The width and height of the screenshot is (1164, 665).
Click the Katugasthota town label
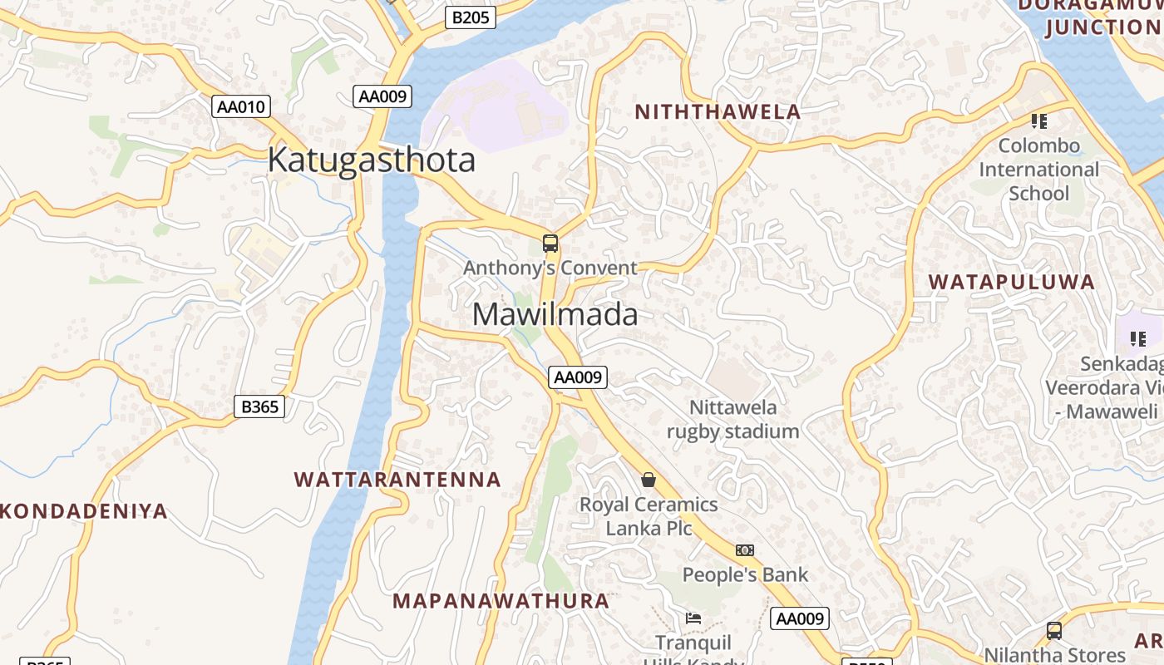(x=371, y=160)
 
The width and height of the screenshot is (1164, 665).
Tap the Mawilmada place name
(x=555, y=314)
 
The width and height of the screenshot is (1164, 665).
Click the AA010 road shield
(x=241, y=106)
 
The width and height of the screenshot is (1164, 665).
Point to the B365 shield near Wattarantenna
(x=259, y=406)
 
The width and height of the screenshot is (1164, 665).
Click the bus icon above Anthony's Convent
(x=550, y=244)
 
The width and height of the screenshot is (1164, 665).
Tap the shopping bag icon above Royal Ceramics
(x=649, y=480)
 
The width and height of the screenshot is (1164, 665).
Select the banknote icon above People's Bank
(x=744, y=550)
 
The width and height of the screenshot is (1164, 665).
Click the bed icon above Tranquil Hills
(x=693, y=618)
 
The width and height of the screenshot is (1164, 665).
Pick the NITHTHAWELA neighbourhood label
(x=718, y=112)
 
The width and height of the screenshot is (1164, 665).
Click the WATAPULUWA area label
(x=1011, y=282)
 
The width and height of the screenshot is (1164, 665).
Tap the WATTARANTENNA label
(x=397, y=480)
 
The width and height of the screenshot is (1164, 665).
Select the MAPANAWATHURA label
(x=501, y=600)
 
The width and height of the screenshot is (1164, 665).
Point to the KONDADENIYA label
(x=83, y=511)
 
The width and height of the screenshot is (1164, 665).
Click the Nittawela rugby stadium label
(x=732, y=419)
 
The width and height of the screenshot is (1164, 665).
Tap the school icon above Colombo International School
(x=1038, y=121)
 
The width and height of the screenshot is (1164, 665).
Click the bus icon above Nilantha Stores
(x=1053, y=631)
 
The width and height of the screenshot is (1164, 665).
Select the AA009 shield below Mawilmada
(x=578, y=377)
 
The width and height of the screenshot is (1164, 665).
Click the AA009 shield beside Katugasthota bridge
(x=382, y=96)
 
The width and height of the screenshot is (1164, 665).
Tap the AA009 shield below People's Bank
(x=800, y=618)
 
